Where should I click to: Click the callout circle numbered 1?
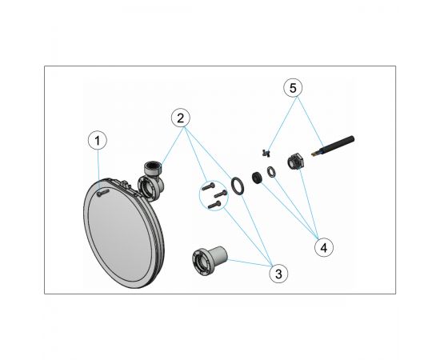tap(98, 140)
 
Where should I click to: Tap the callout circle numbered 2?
tap(181, 118)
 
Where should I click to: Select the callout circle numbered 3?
tap(278, 274)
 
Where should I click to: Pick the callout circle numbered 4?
tap(324, 247)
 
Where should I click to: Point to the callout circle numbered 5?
tap(293, 88)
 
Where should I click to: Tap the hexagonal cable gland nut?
tap(294, 162)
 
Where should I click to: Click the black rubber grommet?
tap(257, 178)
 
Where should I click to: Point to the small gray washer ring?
tap(271, 172)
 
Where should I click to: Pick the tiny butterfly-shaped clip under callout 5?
tap(266, 153)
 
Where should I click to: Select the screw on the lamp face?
tap(102, 192)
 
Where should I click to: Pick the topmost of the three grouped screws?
tap(209, 186)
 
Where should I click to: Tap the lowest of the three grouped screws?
tap(214, 205)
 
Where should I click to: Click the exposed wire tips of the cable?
tap(315, 154)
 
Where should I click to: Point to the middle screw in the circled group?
tap(221, 194)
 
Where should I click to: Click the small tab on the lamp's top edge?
tap(126, 184)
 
